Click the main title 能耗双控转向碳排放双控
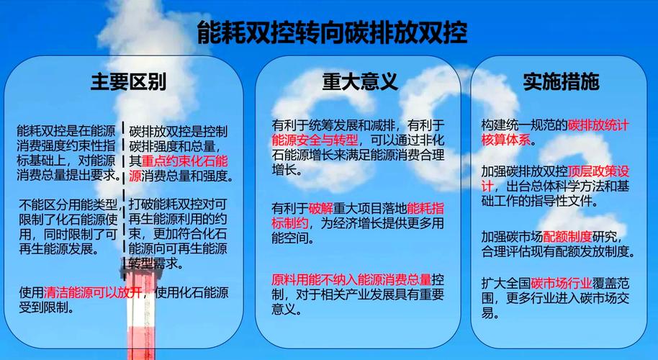click(x=332, y=32)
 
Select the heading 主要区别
click(x=128, y=81)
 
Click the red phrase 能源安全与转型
click(x=315, y=140)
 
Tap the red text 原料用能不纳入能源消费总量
click(x=351, y=279)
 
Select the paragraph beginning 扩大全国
click(x=558, y=297)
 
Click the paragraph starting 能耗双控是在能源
click(x=68, y=153)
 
